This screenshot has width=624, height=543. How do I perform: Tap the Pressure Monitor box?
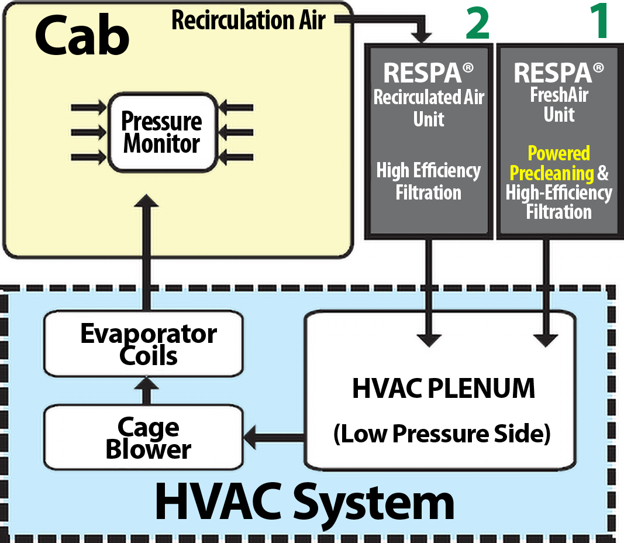pyautogui.click(x=162, y=133)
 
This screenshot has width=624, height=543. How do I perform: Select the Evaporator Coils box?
pyautogui.click(x=144, y=343)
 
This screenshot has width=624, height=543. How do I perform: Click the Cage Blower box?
pyautogui.click(x=144, y=438)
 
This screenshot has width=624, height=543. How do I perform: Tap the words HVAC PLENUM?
pyautogui.click(x=444, y=389)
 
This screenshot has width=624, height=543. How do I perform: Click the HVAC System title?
pyautogui.click(x=304, y=504)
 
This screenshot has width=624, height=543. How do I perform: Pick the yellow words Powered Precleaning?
pyautogui.click(x=551, y=163)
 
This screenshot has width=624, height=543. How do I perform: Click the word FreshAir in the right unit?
pyautogui.click(x=559, y=95)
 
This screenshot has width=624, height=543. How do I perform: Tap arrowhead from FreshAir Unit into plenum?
pyautogui.click(x=550, y=339)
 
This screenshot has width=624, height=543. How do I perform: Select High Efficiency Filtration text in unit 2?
pyautogui.click(x=428, y=181)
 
